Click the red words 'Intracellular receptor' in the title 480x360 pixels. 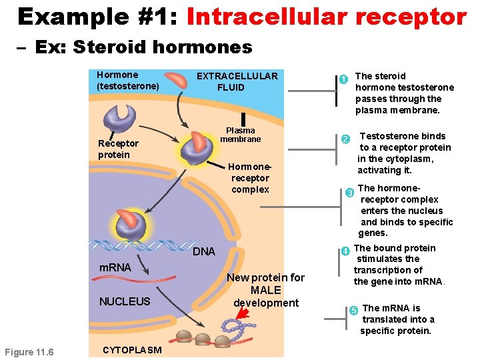(327, 16)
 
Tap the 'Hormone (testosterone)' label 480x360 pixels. (127, 80)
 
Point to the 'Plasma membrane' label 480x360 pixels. (240, 135)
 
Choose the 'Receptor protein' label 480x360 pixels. (118, 149)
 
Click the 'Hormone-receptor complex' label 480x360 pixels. (250, 178)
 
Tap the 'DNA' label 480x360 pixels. (204, 251)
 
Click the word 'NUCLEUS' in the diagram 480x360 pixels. (125, 301)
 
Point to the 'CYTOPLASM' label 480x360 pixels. (132, 350)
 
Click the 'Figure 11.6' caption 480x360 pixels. (29, 352)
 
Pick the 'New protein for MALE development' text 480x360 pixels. (265, 290)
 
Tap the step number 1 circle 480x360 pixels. (343, 79)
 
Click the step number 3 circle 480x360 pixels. (350, 193)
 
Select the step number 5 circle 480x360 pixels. (354, 309)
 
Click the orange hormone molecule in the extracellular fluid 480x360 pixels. (177, 79)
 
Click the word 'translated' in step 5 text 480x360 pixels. (383, 319)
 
